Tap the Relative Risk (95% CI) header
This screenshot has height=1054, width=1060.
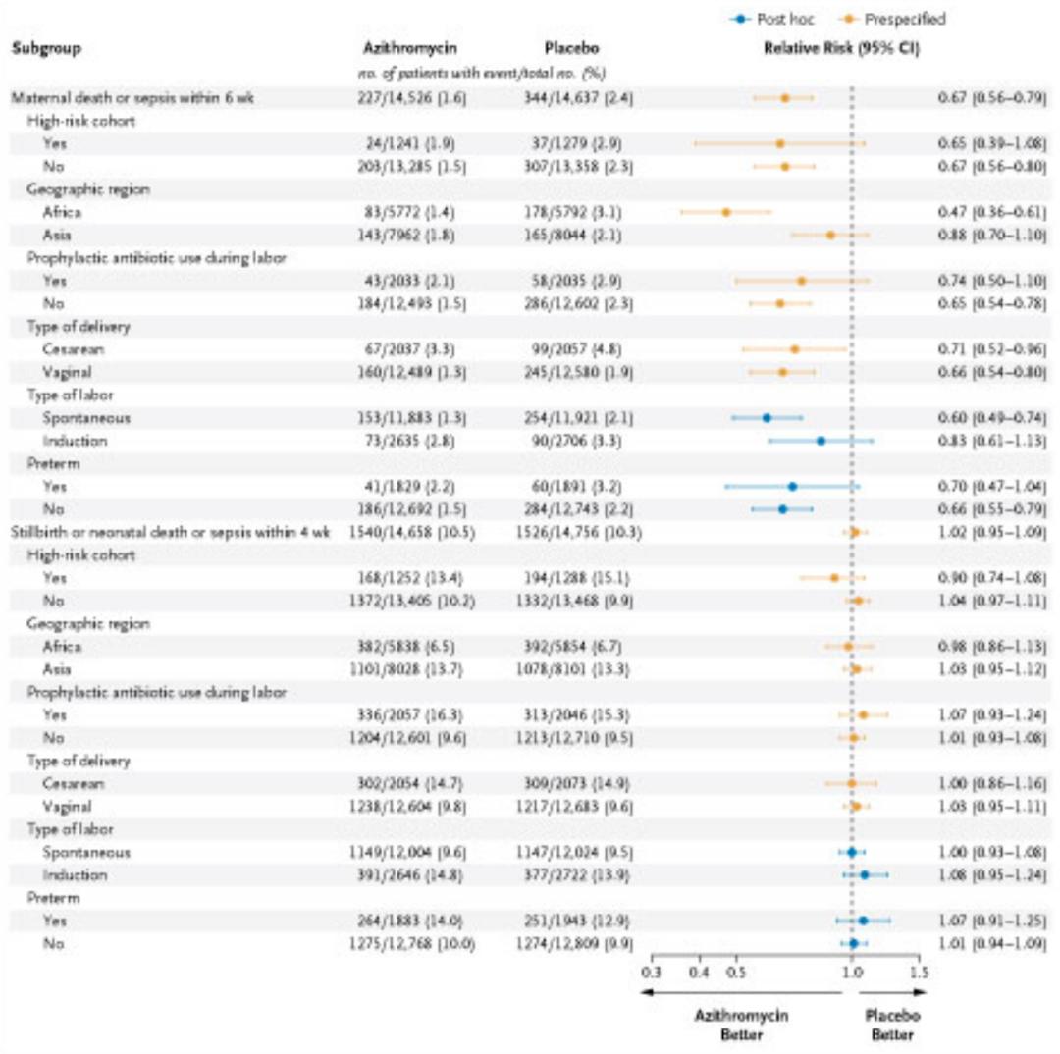841,47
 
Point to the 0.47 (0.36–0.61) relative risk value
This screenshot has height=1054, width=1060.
987,212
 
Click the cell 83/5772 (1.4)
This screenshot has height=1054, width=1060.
407,212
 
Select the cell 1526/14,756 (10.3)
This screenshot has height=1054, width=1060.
575,532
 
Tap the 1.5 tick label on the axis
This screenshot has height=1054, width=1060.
918,973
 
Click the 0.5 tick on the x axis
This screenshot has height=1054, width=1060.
736,973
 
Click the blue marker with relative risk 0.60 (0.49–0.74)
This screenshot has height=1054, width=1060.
767,418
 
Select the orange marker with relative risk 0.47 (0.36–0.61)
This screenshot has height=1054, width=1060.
726,212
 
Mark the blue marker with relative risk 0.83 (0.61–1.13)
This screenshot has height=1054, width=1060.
821,441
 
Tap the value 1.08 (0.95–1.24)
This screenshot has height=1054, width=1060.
987,875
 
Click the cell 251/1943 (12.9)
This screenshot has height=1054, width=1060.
575,921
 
